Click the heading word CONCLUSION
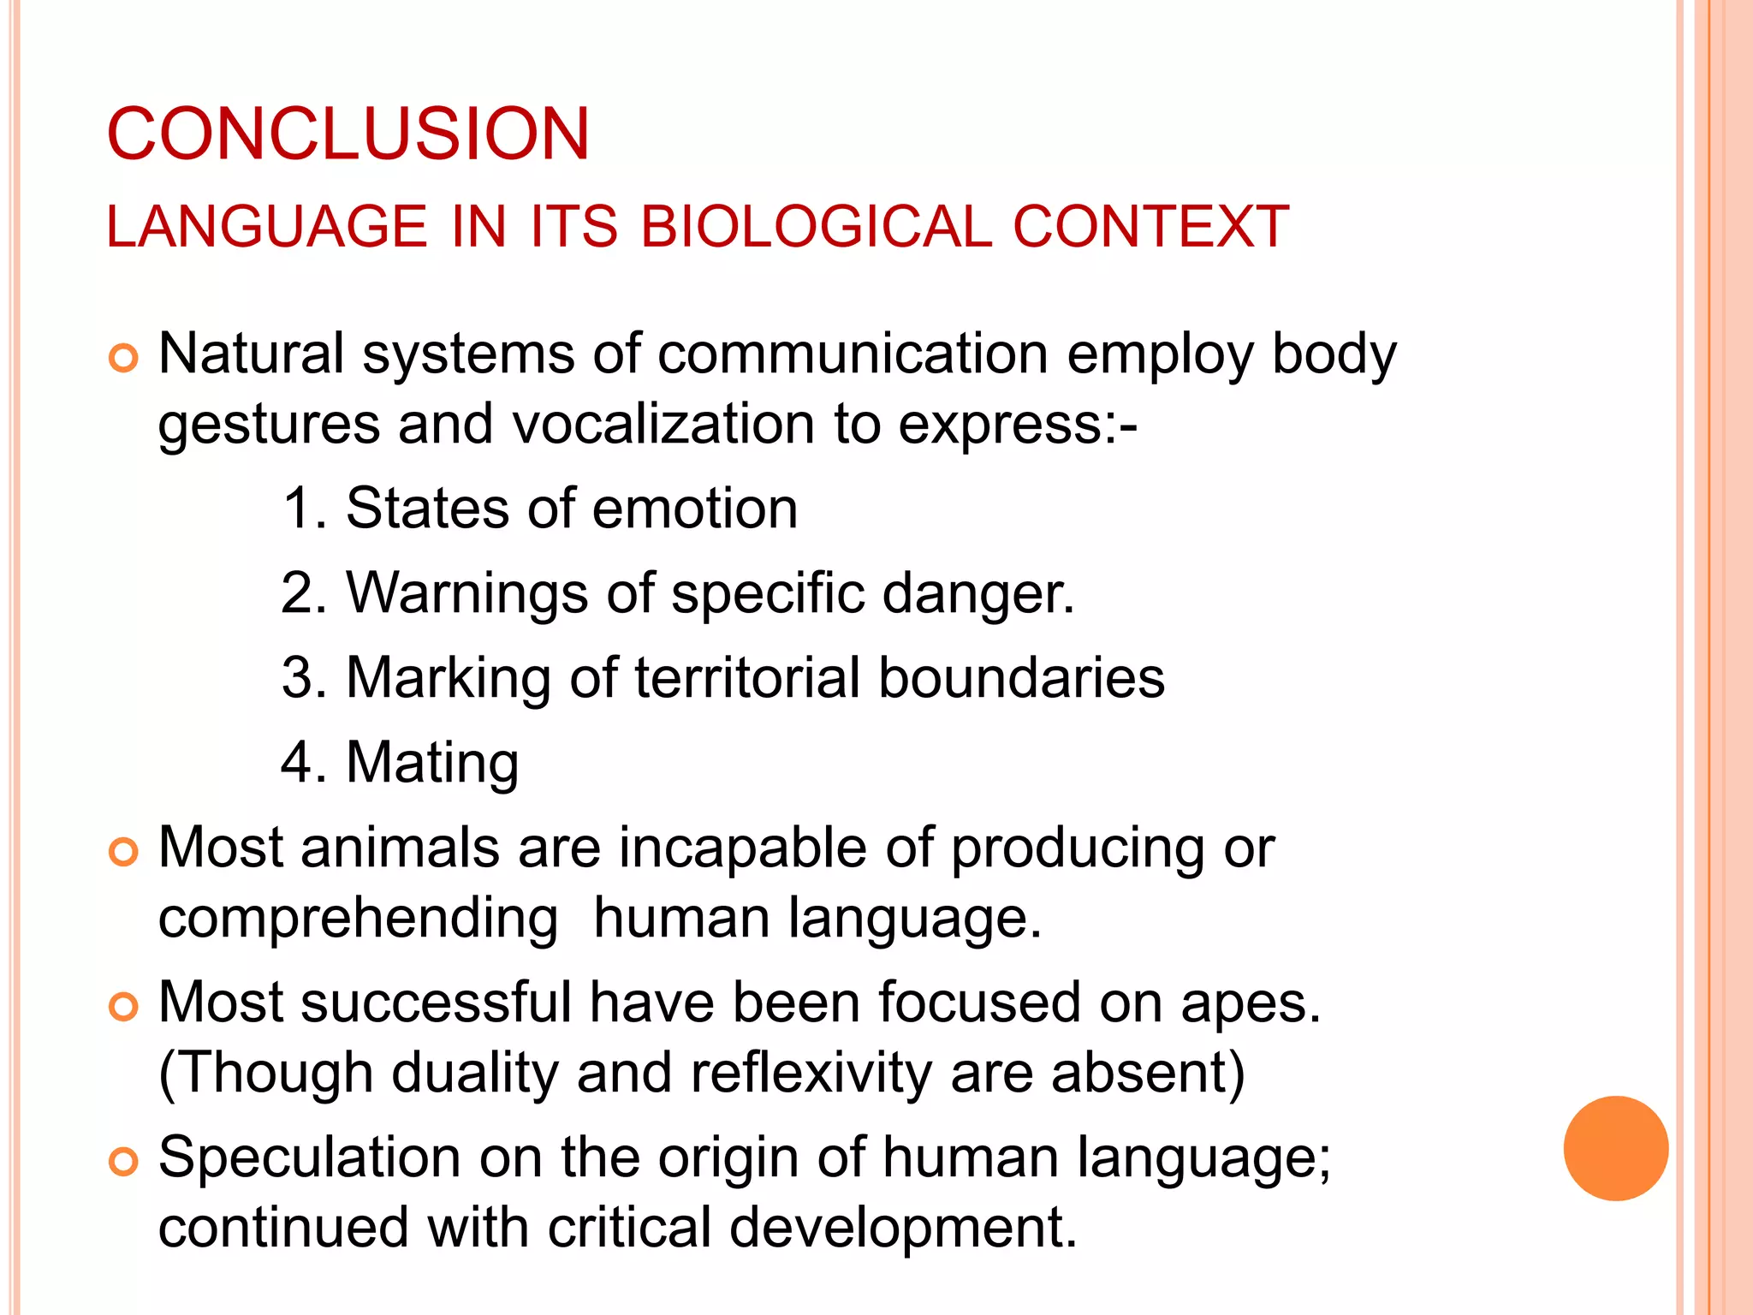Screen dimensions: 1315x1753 tap(348, 134)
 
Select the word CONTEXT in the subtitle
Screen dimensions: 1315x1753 tap(1150, 227)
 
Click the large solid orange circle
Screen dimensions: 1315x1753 tap(1615, 1148)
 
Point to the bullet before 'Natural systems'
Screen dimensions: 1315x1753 tap(124, 359)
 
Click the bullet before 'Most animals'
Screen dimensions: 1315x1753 tap(124, 853)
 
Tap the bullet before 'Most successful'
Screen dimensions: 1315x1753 tap(124, 1008)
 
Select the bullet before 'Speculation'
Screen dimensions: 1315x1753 tap(124, 1163)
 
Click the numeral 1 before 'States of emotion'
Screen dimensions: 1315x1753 tap(297, 509)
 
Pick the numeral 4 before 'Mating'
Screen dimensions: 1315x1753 tap(297, 763)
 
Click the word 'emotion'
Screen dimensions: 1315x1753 tap(694, 509)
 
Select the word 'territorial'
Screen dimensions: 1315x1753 tap(747, 678)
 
